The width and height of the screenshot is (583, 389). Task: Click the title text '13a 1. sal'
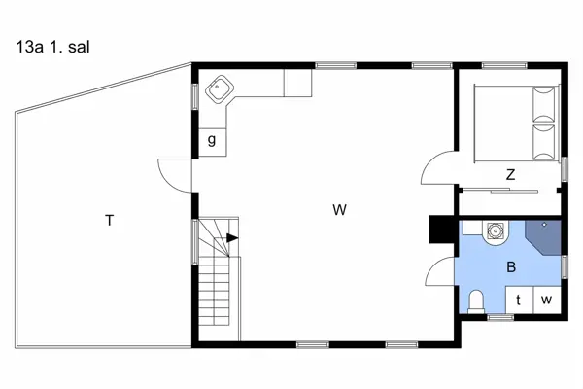(x=52, y=48)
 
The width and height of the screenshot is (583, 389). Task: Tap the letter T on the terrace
(x=109, y=221)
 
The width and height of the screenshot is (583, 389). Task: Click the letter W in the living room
(x=339, y=210)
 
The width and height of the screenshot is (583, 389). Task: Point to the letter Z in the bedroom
(x=511, y=175)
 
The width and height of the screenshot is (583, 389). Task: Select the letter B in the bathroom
(x=511, y=266)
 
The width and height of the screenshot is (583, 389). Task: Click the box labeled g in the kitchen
(x=212, y=142)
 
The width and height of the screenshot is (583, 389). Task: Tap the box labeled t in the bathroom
(x=520, y=301)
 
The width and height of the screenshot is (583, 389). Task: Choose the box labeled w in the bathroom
(x=547, y=301)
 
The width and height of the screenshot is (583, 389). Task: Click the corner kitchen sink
(x=220, y=88)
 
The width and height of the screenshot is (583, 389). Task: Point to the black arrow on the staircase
(x=232, y=238)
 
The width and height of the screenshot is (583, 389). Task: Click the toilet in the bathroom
(x=476, y=301)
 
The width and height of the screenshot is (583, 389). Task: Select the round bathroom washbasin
(x=496, y=231)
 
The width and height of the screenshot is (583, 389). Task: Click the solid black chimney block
(x=442, y=230)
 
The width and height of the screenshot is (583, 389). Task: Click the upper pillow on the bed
(x=544, y=104)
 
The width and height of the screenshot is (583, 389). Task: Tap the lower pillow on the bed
(x=544, y=143)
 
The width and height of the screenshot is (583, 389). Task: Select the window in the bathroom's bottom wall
(x=500, y=317)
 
